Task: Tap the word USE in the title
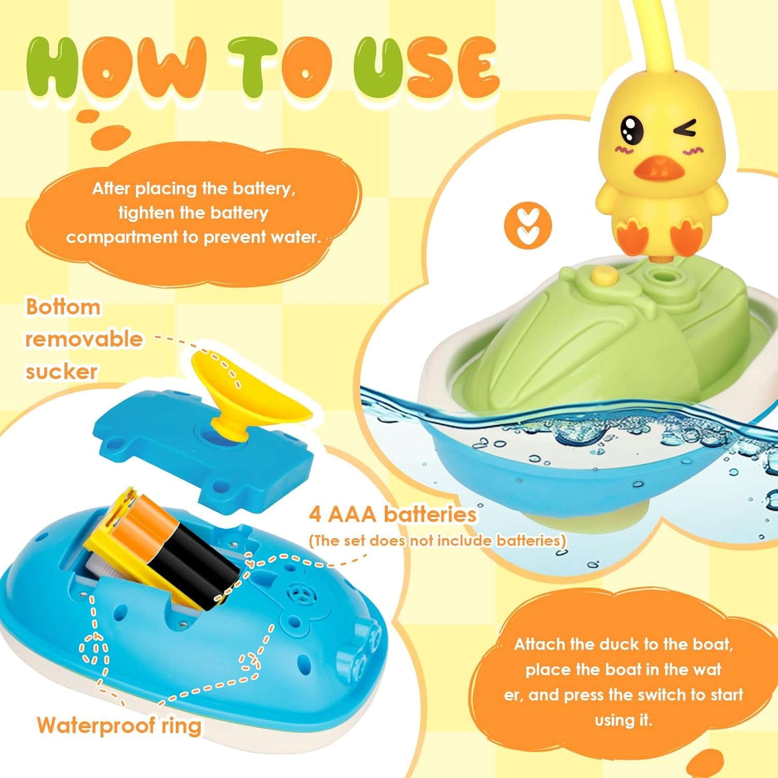[x=425, y=68]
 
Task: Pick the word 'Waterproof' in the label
[x=99, y=725]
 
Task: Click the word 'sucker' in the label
[x=61, y=371]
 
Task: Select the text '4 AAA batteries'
[x=393, y=515]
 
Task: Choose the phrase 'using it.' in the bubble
[x=623, y=720]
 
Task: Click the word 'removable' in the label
[x=84, y=339]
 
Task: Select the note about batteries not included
[x=437, y=540]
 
